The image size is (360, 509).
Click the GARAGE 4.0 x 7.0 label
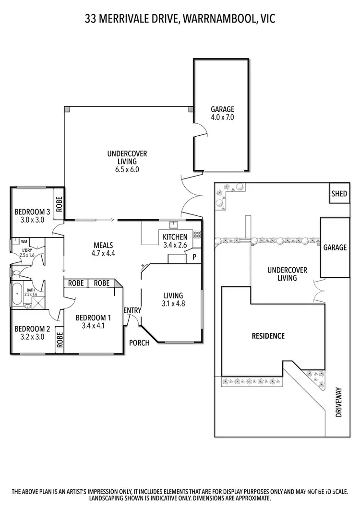(222, 113)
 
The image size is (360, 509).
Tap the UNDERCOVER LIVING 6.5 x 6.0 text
(127, 161)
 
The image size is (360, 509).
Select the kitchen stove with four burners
(196, 235)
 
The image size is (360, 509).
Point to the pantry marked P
(194, 256)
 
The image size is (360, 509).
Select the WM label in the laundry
(24, 241)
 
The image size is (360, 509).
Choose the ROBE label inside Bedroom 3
(59, 205)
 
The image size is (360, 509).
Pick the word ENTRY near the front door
(132, 310)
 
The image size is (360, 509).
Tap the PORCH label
(139, 343)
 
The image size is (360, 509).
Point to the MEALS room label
(104, 245)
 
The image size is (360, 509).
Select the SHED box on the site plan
(339, 194)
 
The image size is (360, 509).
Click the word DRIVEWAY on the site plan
(338, 402)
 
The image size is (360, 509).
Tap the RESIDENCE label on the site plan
(268, 336)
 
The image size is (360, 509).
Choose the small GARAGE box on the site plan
(335, 248)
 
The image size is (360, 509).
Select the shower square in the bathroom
(38, 303)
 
